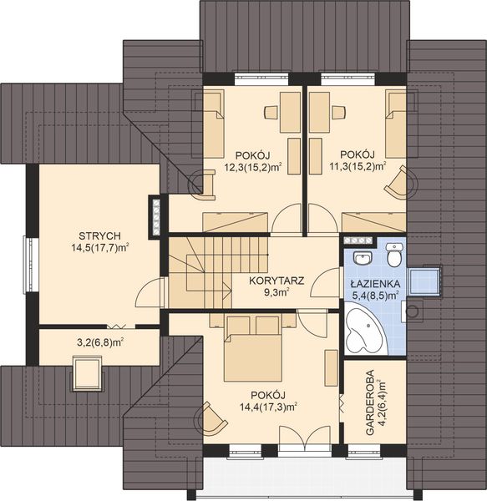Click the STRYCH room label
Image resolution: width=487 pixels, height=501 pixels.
[x=99, y=235]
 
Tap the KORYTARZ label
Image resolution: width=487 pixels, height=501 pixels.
[x=276, y=281]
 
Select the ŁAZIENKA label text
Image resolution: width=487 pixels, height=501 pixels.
[x=375, y=284]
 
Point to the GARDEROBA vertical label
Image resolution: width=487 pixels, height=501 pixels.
[x=370, y=402]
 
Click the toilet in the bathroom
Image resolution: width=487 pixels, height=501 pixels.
[x=394, y=255]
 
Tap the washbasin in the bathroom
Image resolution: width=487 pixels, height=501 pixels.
[x=363, y=257]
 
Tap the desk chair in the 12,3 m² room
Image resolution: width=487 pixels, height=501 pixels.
[x=271, y=113]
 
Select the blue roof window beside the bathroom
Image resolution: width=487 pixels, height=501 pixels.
[x=424, y=281]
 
